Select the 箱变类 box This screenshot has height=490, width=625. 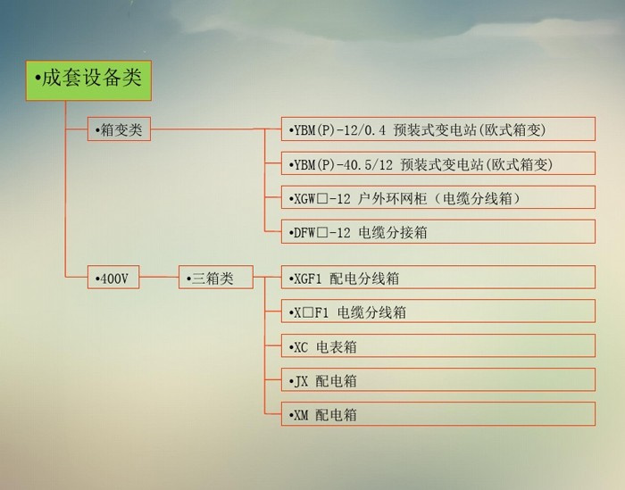coord(119,129)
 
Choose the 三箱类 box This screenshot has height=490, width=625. coord(215,278)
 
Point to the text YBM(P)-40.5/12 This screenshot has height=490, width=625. coord(344,164)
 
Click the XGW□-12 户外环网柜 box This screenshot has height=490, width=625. coord(437,198)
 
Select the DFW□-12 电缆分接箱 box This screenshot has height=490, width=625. coord(437,232)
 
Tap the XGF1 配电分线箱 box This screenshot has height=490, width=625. coord(437,278)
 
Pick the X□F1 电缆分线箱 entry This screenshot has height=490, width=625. coord(437,312)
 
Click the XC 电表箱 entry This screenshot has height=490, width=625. coord(437,346)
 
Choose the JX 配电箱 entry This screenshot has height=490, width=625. coord(437,380)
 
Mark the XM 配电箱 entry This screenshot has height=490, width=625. coord(437,415)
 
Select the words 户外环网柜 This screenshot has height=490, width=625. coord(382,198)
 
